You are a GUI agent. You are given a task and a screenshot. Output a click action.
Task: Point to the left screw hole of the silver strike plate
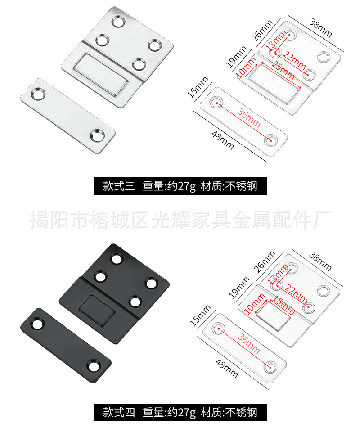pyautogui.click(x=37, y=94)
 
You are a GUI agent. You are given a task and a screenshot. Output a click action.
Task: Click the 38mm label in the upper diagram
pyautogui.click(x=321, y=28)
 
